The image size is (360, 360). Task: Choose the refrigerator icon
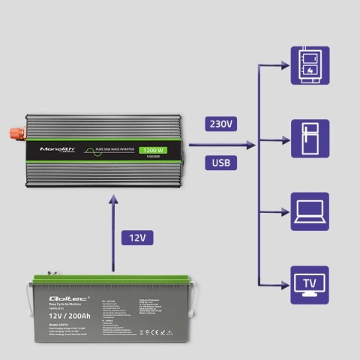(309, 139)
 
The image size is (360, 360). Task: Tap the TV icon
(309, 286)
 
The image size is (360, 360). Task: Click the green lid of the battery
(112, 283)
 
